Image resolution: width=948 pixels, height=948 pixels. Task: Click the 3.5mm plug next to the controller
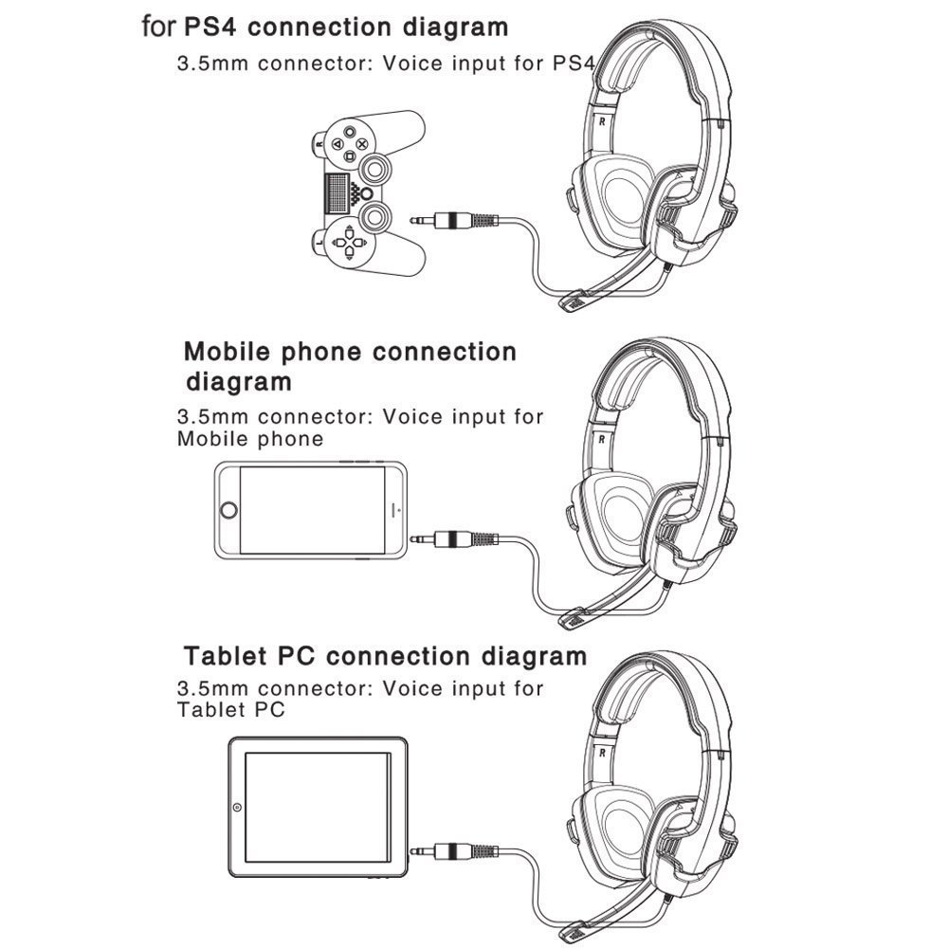click(x=455, y=220)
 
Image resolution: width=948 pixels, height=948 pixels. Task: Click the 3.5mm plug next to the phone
click(x=455, y=539)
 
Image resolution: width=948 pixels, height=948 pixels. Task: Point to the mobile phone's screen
click(x=313, y=510)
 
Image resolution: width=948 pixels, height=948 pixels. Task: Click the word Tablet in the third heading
click(x=228, y=656)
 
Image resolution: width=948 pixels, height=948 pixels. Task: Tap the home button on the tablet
click(x=236, y=809)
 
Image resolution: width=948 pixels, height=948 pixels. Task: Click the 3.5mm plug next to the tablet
click(x=455, y=849)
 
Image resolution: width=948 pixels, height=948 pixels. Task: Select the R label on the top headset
click(x=601, y=122)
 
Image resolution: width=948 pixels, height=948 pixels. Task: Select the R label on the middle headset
click(x=601, y=438)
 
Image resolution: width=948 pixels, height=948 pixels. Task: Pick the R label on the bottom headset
click(x=601, y=754)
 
